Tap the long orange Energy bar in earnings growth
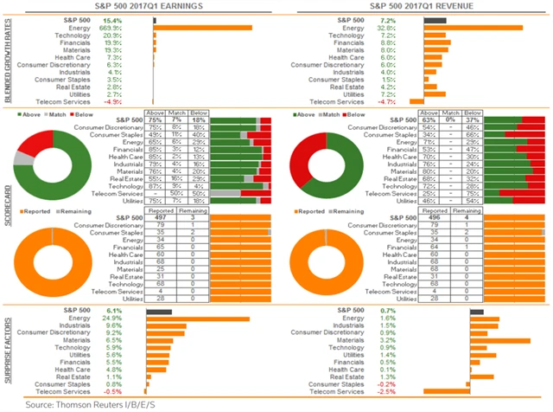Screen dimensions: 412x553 [x=202, y=27]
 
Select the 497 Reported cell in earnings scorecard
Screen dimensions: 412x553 [x=156, y=220]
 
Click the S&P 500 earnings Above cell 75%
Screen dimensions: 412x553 [x=156, y=121]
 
